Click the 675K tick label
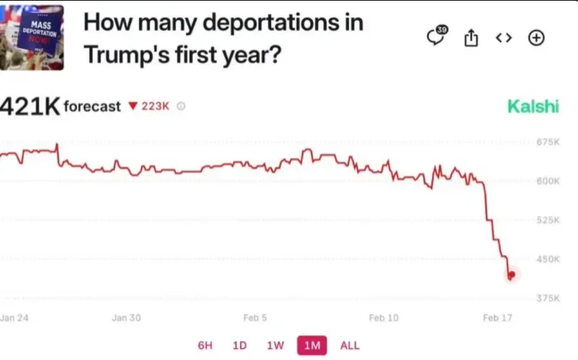tap(548, 142)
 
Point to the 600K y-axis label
tap(548, 181)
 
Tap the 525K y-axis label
tap(548, 220)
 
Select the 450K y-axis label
tap(548, 259)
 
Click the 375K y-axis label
tap(548, 298)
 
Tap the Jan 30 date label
tap(126, 318)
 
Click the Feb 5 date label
tap(255, 318)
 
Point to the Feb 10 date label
tap(383, 318)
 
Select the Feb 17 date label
tap(497, 318)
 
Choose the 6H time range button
tap(205, 345)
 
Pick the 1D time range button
tap(240, 345)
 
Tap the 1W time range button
tap(275, 345)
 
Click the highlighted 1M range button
tap(311, 345)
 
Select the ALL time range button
tap(350, 345)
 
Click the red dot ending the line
tap(512, 275)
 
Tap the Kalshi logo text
tap(533, 106)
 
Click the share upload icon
tap(471, 38)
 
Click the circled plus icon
tap(536, 38)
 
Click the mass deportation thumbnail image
tap(32, 35)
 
